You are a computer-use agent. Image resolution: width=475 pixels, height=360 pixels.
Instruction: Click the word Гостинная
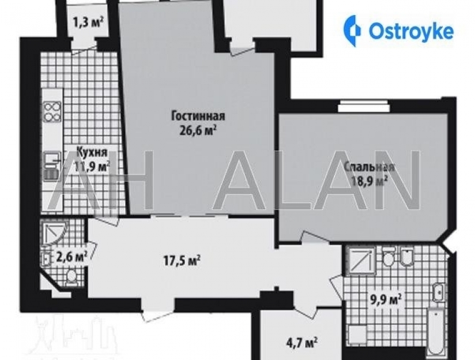coord(198,116)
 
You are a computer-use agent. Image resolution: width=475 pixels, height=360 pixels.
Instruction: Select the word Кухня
coord(92,152)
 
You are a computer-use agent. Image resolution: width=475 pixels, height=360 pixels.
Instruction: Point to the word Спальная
coord(370,167)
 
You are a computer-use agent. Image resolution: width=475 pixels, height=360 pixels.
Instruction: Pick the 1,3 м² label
coord(88,22)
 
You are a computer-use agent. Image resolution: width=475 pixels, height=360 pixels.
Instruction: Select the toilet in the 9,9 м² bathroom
coord(388,257)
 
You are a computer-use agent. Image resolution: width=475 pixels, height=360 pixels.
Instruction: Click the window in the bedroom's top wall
coord(364,107)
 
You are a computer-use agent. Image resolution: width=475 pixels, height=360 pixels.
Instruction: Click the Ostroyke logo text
coord(411,31)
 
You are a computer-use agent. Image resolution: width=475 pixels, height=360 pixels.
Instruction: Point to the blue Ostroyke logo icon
coord(352,31)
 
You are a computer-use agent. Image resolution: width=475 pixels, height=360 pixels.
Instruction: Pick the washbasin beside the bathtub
coord(438,292)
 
